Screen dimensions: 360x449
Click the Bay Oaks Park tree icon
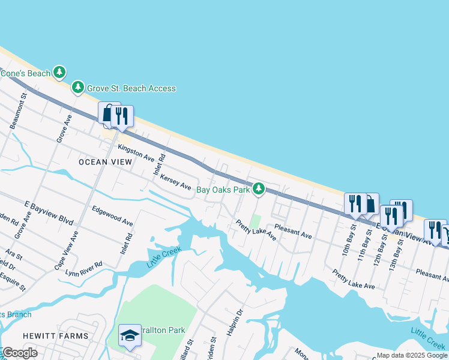(259, 189)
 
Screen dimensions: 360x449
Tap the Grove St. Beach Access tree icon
(78, 88)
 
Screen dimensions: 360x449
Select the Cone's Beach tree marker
(59, 73)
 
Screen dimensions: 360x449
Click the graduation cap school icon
(130, 336)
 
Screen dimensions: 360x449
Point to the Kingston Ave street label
(136, 152)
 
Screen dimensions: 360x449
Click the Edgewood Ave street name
(112, 216)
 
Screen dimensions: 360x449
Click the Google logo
(20, 353)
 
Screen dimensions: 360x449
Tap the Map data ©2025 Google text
(412, 355)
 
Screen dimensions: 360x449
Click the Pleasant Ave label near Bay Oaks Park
(293, 232)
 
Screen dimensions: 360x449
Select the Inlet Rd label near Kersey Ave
(160, 163)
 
